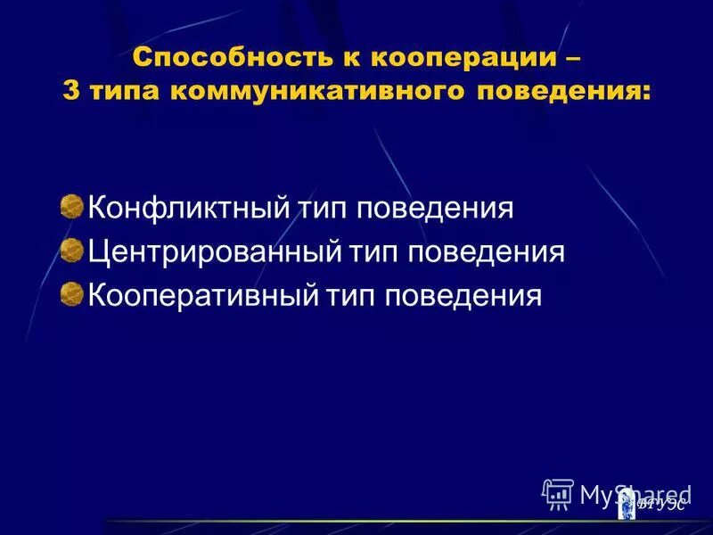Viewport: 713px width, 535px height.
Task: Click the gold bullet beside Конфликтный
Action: [71, 208]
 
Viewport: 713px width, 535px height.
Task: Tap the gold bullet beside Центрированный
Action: [71, 251]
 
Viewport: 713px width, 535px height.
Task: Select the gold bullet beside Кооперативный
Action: [71, 293]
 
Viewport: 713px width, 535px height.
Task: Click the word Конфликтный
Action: [187, 210]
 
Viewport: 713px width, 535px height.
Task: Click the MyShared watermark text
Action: [635, 492]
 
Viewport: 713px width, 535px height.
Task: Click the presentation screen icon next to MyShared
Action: [558, 493]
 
